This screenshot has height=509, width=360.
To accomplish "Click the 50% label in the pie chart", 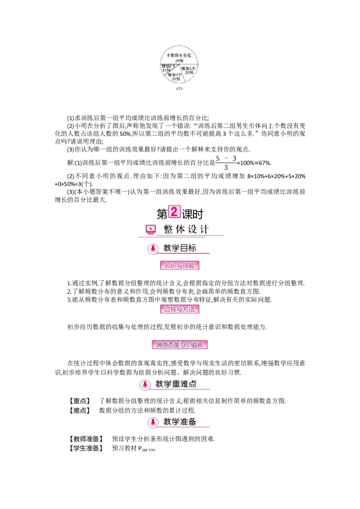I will click(x=180, y=60).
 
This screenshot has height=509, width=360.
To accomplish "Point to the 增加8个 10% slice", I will click(x=167, y=68).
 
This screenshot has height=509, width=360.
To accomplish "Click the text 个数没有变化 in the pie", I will click(x=180, y=55).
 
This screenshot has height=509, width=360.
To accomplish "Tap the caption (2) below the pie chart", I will click(x=180, y=89).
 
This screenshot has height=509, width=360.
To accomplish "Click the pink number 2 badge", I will click(x=174, y=212).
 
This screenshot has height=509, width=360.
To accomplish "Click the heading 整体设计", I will click(x=186, y=229).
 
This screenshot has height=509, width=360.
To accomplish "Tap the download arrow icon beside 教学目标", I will click(x=153, y=249).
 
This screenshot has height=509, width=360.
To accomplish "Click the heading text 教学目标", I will click(x=180, y=248).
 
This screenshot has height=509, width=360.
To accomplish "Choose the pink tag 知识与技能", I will click(x=180, y=266).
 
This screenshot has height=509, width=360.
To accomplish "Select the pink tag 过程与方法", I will click(x=180, y=309).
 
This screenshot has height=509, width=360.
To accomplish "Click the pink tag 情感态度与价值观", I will click(x=180, y=345).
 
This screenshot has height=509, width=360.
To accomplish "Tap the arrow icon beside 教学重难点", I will click(x=145, y=385).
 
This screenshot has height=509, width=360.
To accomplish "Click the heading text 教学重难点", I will click(x=176, y=384).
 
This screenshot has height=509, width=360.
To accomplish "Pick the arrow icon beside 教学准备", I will click(x=153, y=422).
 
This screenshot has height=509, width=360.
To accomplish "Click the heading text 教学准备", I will click(x=180, y=422).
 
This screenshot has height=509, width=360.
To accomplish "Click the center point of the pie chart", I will click(x=180, y=66).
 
